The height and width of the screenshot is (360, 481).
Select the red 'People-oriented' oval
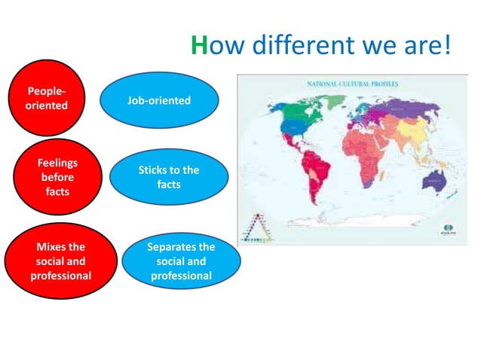[47, 98]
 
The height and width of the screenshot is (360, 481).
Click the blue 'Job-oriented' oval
[159, 100]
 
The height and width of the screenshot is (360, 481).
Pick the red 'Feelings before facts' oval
[57, 176]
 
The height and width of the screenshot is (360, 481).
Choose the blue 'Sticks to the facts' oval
[168, 177]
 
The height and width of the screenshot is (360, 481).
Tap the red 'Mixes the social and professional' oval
[60, 261]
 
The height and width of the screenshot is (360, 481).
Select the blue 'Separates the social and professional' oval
[181, 261]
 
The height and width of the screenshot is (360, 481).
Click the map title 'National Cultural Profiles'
[353, 84]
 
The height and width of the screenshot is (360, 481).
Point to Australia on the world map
[436, 178]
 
